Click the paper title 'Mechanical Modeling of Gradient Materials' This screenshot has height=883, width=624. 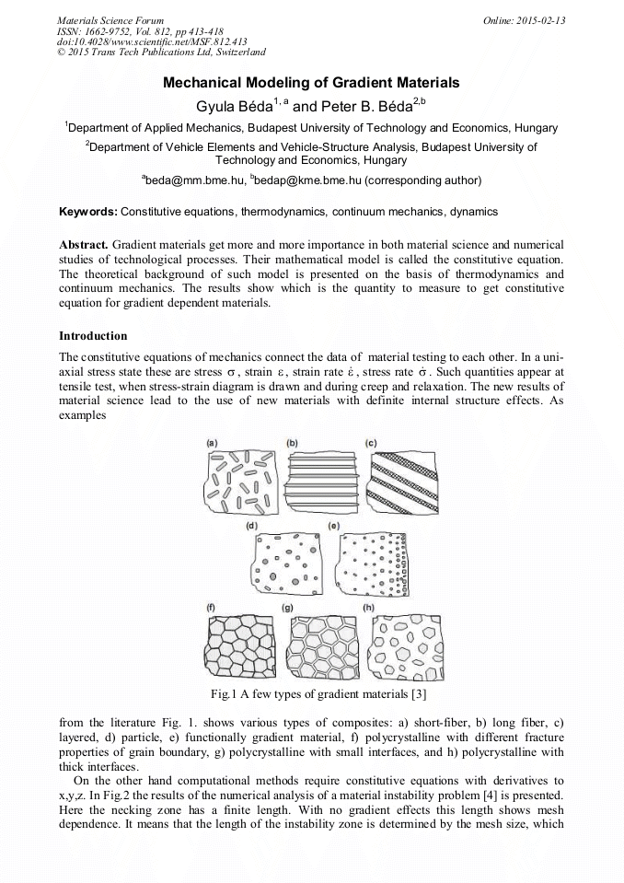click(x=311, y=83)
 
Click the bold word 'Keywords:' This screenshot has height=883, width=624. click(x=88, y=212)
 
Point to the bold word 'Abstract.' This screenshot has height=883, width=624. click(x=84, y=245)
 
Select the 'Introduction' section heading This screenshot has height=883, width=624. click(x=93, y=335)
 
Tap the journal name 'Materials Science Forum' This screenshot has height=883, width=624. click(x=110, y=19)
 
